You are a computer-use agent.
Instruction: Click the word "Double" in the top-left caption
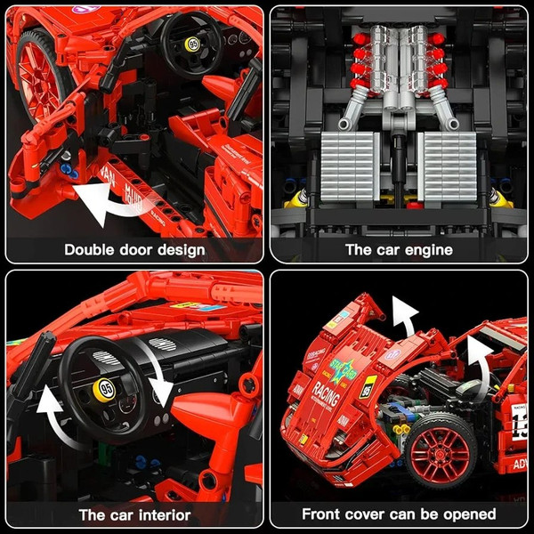click(93, 249)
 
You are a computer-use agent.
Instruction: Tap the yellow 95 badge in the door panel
click(191, 44)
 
